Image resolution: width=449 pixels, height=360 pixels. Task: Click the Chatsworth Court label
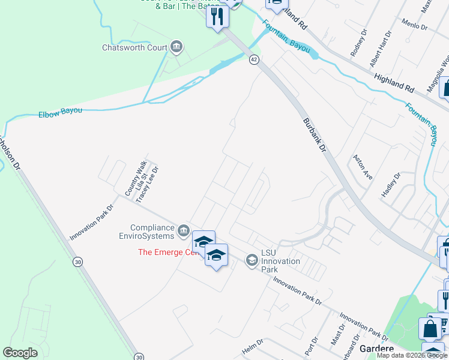(x=134, y=47)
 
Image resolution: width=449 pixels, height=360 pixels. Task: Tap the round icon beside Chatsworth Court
(x=176, y=47)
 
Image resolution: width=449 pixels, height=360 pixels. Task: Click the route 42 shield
(x=254, y=59)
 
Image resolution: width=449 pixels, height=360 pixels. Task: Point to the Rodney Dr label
(x=358, y=42)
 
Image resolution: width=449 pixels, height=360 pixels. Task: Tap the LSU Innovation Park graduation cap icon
(x=252, y=260)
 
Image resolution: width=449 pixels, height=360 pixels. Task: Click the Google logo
(x=20, y=353)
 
